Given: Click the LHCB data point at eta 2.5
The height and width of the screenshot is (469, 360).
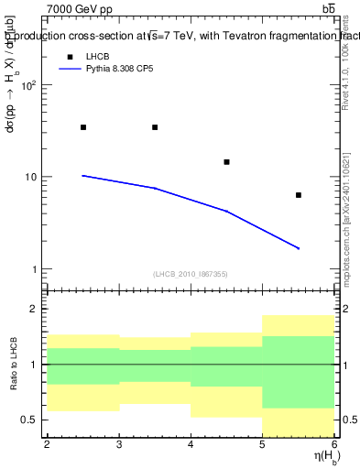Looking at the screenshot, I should (x=83, y=127).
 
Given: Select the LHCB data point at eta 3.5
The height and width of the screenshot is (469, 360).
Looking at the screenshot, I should (x=155, y=127).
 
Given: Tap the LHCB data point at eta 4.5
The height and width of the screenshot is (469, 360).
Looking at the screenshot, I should (x=226, y=162).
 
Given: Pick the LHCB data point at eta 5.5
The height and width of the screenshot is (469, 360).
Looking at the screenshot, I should (x=299, y=195).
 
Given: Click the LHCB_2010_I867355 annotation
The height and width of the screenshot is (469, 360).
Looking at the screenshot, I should (x=191, y=273).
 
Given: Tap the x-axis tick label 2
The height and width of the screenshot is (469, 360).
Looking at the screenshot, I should (x=47, y=444).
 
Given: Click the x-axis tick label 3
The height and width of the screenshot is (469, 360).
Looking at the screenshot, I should (x=119, y=444).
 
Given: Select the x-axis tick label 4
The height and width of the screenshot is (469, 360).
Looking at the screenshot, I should (x=191, y=444).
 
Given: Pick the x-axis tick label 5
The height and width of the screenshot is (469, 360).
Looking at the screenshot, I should (x=263, y=444).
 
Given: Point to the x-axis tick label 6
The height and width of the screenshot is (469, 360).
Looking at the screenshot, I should (x=334, y=444).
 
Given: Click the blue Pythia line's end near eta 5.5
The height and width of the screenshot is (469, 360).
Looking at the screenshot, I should (x=299, y=248).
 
